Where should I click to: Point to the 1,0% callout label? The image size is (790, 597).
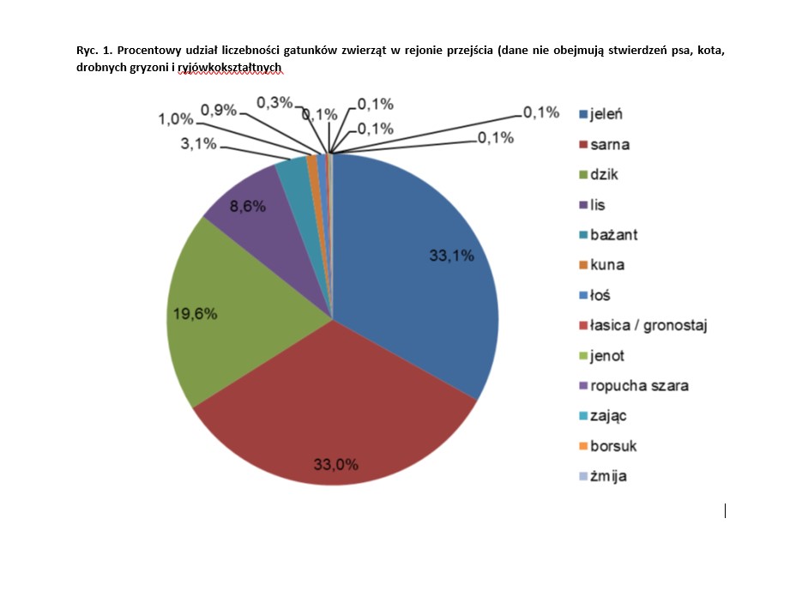[175, 119]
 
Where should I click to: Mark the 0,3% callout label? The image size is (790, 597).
[274, 103]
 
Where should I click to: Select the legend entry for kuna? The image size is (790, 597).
[608, 264]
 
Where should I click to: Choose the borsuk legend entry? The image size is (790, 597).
[613, 446]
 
